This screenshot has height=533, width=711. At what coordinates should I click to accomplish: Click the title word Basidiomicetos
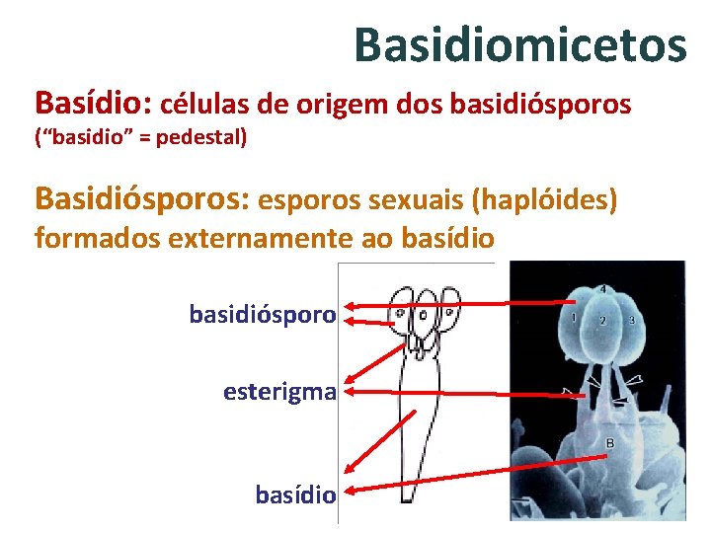(x=519, y=44)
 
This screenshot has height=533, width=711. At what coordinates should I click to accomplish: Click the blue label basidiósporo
(x=263, y=315)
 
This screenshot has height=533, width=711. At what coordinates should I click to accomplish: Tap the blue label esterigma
(x=279, y=392)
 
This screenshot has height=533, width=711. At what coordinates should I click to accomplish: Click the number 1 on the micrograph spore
(x=574, y=318)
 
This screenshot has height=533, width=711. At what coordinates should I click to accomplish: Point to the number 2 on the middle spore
(x=602, y=321)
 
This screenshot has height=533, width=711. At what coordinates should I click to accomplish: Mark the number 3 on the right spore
(x=631, y=321)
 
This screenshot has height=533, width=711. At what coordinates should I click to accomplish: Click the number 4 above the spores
(x=602, y=288)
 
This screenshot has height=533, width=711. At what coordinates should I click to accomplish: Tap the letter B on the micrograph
(x=609, y=444)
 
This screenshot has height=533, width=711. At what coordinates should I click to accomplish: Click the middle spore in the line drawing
(x=426, y=311)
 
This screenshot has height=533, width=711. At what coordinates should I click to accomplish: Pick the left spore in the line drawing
(x=402, y=310)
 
